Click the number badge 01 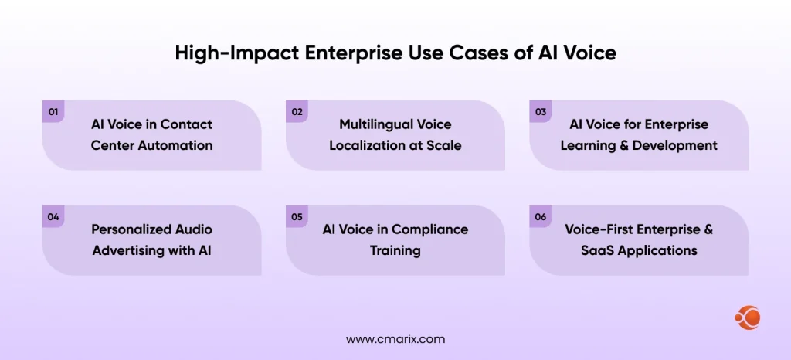(53, 112)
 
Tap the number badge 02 (297, 112)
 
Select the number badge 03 (541, 112)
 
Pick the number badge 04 (53, 217)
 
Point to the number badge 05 (297, 217)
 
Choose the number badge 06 (541, 217)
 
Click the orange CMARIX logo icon (747, 318)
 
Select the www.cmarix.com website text (395, 339)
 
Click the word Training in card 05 (395, 250)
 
